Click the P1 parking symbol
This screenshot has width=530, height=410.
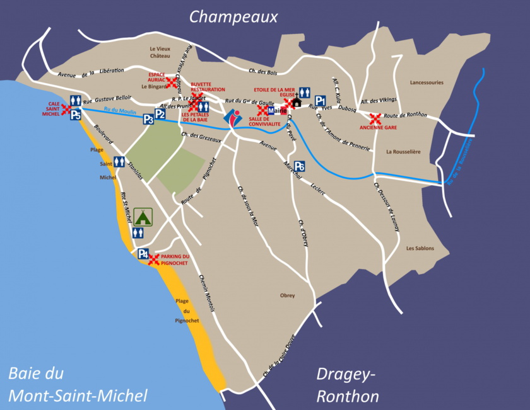(320, 100)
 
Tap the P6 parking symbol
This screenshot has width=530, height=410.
(300, 166)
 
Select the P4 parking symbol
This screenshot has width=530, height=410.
(143, 254)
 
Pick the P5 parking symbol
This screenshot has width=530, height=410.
(75, 114)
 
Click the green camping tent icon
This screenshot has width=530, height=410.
(143, 217)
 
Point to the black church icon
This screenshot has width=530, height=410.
(297, 101)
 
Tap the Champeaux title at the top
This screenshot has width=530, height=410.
(233, 17)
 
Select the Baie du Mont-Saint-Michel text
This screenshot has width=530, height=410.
(78, 384)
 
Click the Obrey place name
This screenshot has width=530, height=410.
(287, 295)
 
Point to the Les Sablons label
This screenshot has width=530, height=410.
(420, 248)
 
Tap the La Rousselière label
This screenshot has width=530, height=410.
(403, 152)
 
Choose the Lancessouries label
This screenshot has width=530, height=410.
(427, 82)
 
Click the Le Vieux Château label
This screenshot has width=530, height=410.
(160, 52)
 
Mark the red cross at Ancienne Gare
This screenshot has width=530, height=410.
(375, 118)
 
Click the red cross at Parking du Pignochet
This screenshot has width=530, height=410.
(153, 259)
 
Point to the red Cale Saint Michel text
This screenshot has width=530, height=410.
(50, 109)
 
